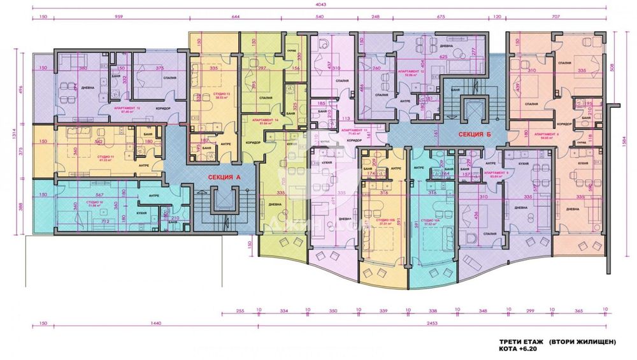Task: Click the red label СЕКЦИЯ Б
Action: pos(471,134)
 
